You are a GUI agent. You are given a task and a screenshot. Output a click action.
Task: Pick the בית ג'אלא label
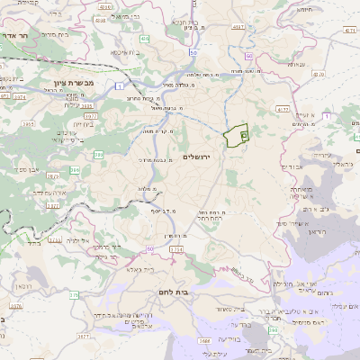pyautogui.click(x=141, y=268)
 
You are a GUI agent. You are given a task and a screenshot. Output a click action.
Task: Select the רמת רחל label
pyautogui.click(x=208, y=216)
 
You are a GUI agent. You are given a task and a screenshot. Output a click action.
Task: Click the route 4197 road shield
pyautogui.click(x=238, y=28)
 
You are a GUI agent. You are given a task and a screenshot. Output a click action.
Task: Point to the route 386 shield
pyautogui.click(x=75, y=168)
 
